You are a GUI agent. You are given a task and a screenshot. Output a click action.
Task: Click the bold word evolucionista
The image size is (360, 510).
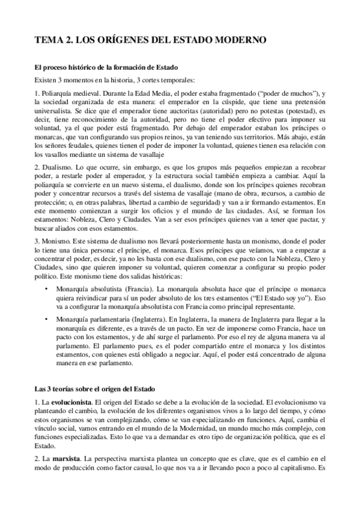(x=70, y=399)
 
